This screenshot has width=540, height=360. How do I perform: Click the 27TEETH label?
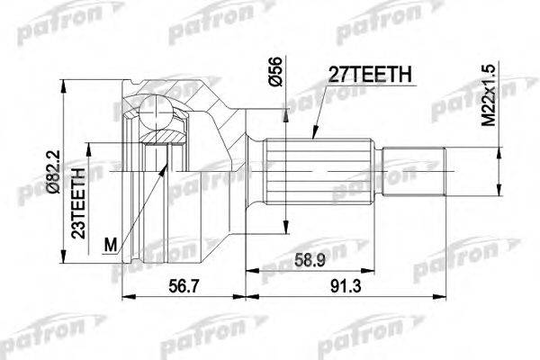[x=370, y=74]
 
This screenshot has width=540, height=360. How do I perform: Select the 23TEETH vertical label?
[x=78, y=203]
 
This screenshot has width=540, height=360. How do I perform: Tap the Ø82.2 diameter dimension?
[x=54, y=172]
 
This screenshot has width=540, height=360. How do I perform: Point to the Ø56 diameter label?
[x=276, y=71]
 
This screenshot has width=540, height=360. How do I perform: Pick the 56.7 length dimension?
[x=184, y=286]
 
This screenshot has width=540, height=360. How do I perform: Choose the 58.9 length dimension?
[x=310, y=260]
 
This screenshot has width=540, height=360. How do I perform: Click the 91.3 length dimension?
[x=346, y=286]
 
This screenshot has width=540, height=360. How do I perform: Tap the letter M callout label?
[x=111, y=246]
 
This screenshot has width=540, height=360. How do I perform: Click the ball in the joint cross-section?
[x=156, y=112]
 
